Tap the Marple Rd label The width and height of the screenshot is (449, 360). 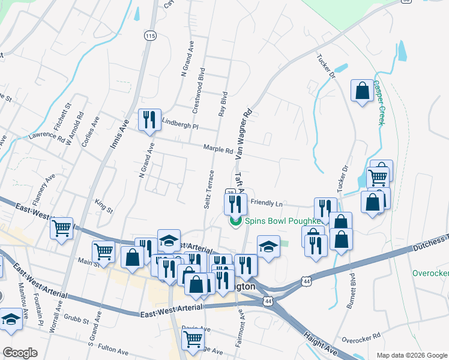coord(217,149)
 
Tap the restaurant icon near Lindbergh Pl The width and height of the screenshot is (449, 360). coord(149,119)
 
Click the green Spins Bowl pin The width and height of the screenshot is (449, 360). coord(235,221)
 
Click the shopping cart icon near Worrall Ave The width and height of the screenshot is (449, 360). coord(61,228)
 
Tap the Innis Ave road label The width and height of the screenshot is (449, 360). coord(119,135)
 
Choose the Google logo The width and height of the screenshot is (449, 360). coord(20,353)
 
